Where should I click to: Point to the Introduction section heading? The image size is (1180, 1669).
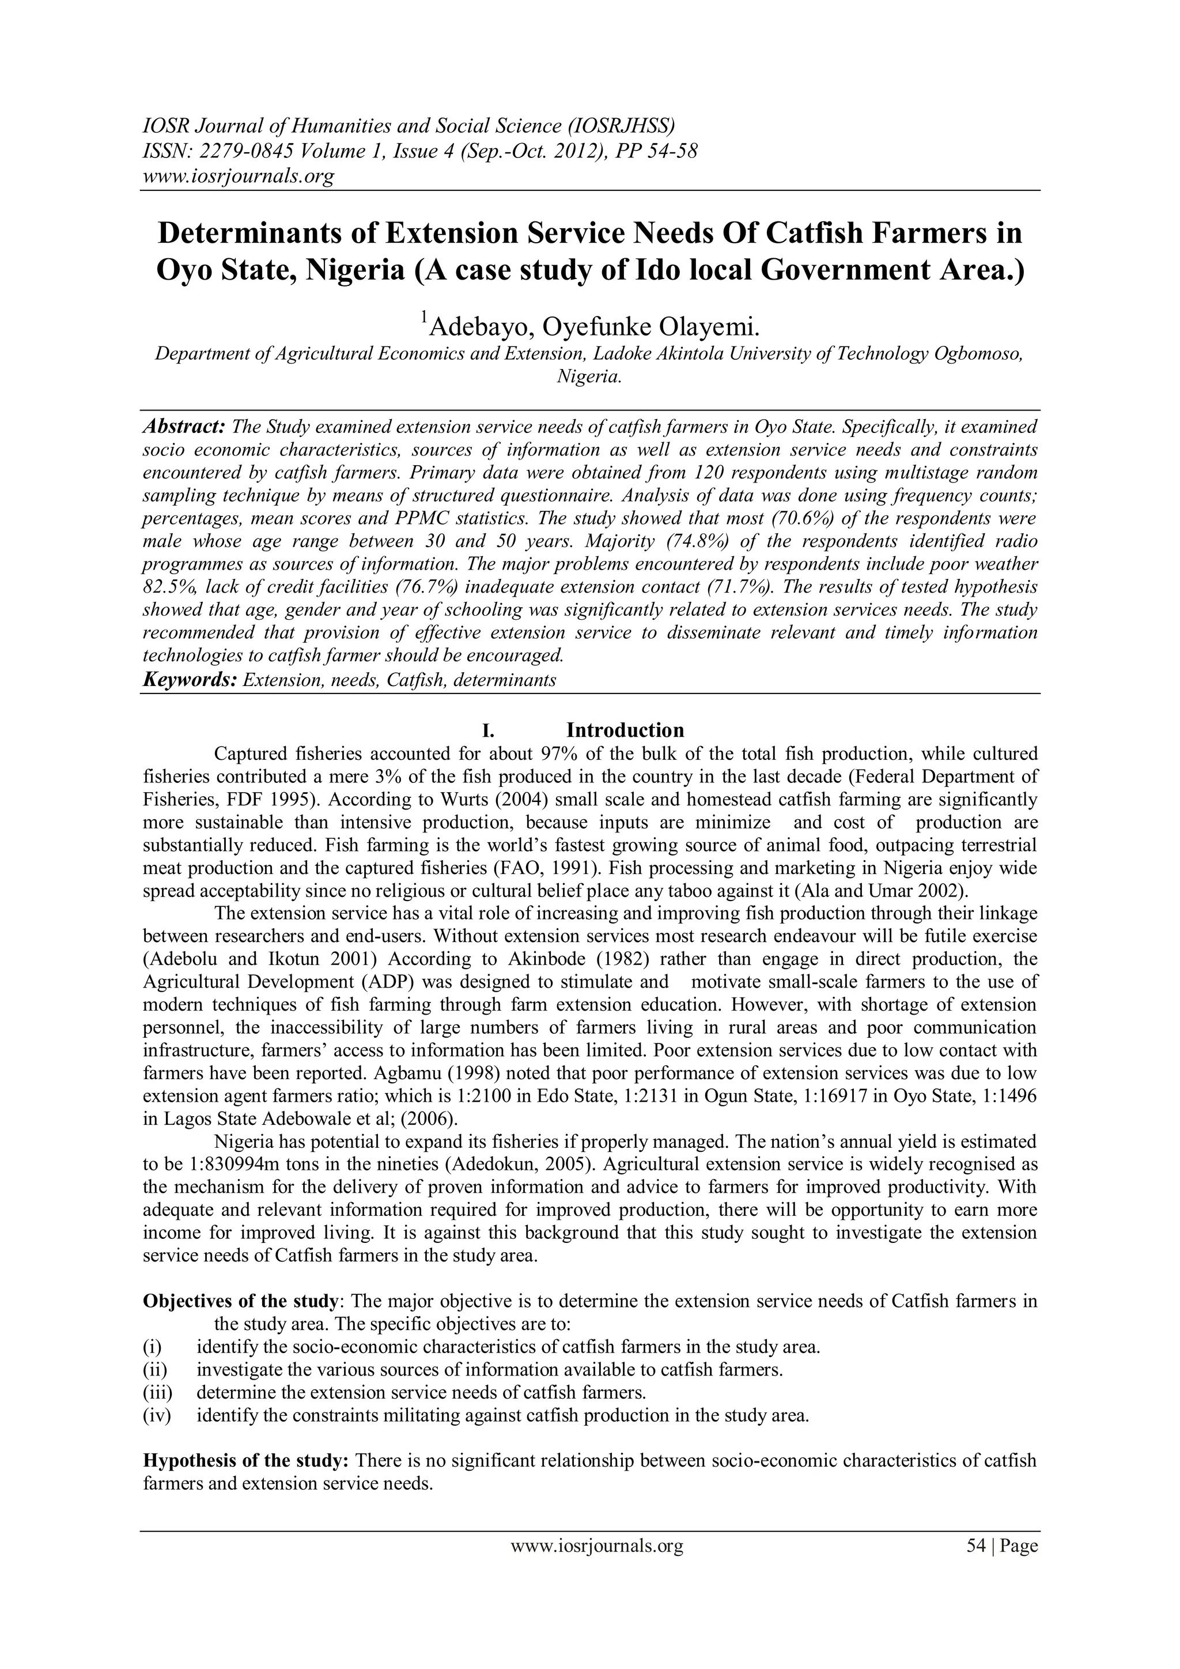pyautogui.click(x=625, y=730)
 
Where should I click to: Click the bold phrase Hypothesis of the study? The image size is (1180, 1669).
pyautogui.click(x=247, y=1460)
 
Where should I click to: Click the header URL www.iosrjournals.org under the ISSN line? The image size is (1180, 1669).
pyautogui.click(x=237, y=175)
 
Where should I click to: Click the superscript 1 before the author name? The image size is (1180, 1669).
pyautogui.click(x=423, y=318)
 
